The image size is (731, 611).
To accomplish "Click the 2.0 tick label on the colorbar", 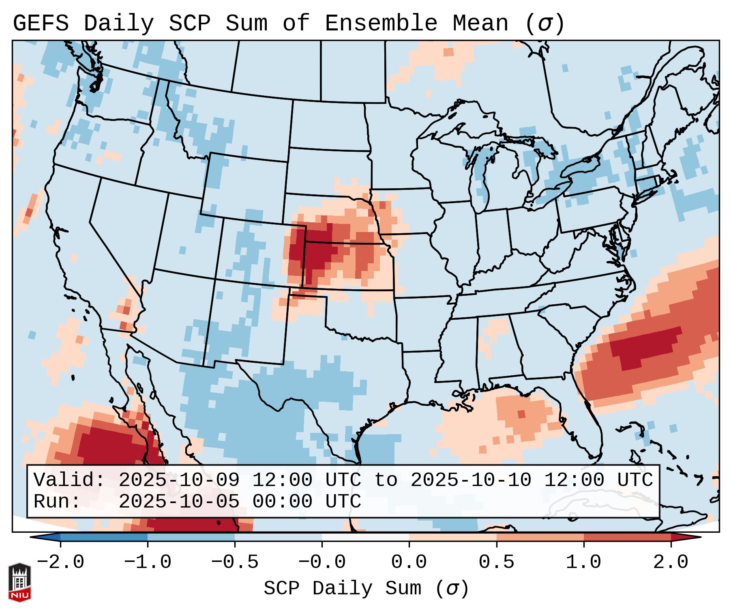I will pos(671,562).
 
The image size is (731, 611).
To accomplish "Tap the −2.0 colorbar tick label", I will pos(60,562).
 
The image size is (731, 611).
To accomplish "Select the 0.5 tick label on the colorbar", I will pos(496,562).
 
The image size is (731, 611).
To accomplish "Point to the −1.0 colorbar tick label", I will pos(148,562).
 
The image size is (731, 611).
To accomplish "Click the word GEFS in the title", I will pos(41,23).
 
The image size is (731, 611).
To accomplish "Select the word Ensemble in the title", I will pos(381,23).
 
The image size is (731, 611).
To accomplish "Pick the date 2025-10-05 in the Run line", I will pos(179,501).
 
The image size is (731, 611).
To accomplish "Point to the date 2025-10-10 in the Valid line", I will pos(471,480).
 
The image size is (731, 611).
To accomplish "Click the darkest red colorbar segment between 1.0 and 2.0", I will pos(627,537).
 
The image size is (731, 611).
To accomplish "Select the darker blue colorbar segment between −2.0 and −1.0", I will pos(104,537).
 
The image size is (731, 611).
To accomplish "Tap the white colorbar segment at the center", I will pos(365,537).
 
